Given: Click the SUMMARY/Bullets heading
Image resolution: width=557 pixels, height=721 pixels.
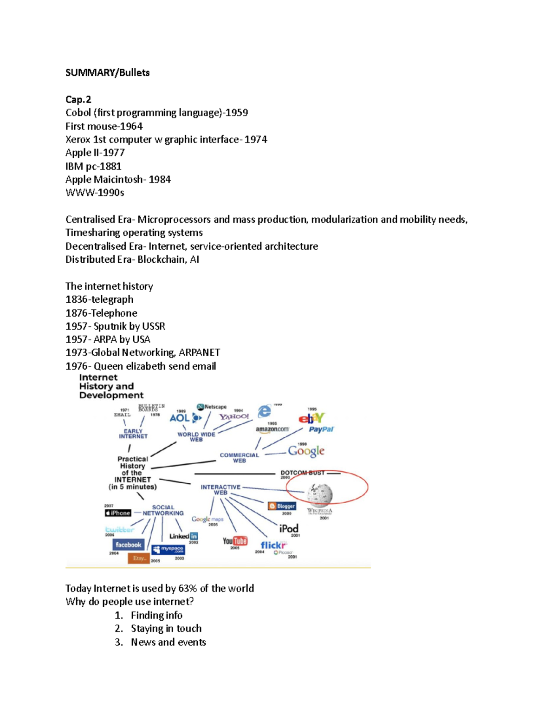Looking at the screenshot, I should pyautogui.click(x=107, y=72).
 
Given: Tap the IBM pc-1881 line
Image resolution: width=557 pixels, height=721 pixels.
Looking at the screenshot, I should pyautogui.click(x=93, y=166).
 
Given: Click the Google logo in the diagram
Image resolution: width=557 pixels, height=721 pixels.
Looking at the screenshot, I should pyautogui.click(x=306, y=451).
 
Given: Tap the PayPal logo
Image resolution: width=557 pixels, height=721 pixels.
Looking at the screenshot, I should pyautogui.click(x=321, y=429).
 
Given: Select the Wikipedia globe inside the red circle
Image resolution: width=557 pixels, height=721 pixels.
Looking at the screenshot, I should pyautogui.click(x=320, y=493).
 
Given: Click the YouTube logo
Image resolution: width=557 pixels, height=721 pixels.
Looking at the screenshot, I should pyautogui.click(x=235, y=541).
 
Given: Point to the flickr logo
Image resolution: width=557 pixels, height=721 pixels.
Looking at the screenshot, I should pyautogui.click(x=273, y=545).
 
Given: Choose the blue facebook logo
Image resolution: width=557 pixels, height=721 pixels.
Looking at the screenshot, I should pyautogui.click(x=128, y=545).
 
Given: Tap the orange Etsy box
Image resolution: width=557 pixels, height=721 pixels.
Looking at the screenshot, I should pyautogui.click(x=139, y=558).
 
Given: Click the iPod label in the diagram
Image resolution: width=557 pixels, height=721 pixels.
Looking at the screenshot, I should pyautogui.click(x=289, y=528).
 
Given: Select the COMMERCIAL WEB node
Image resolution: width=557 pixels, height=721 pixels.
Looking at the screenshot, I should pyautogui.click(x=239, y=458).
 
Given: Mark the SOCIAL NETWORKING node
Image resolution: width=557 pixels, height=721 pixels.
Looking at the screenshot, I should pyautogui.click(x=163, y=510).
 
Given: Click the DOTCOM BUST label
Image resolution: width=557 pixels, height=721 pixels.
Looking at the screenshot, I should pyautogui.click(x=302, y=473).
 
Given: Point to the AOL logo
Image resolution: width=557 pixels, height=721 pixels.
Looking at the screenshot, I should pyautogui.click(x=180, y=418).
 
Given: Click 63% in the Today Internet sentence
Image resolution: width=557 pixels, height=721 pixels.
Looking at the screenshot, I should pyautogui.click(x=188, y=589).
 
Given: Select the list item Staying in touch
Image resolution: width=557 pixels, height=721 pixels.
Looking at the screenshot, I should pyautogui.click(x=166, y=629).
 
